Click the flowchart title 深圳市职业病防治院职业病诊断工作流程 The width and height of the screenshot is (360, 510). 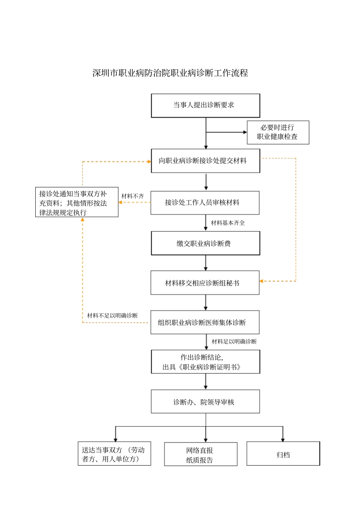coord(170,73)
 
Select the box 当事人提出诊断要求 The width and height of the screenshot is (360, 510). coord(205,105)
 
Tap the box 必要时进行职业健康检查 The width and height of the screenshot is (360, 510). coord(278,132)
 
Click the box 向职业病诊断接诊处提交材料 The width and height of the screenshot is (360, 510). coord(205,161)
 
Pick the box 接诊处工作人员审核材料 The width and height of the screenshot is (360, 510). coord(205,203)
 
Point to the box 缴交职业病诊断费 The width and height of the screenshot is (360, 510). coord(205,243)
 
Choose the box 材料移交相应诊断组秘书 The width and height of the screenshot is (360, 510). coord(205,283)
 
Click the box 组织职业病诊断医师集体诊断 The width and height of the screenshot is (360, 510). coord(205,323)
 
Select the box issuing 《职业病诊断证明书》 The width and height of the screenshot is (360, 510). coord(205,362)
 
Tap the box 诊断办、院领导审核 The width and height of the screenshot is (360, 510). coord(205,402)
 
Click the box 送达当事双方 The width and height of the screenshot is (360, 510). coord(114,454)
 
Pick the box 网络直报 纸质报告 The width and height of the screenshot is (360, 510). coord(200,455)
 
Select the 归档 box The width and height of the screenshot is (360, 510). coord(283,454)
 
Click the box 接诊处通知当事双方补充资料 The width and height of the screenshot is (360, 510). coord(77,202)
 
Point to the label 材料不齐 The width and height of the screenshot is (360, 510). coord(133,196)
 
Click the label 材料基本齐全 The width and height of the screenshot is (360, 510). coord(228,223)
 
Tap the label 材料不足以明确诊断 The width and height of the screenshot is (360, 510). coord(112,315)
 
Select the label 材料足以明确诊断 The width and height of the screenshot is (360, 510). coord(234,342)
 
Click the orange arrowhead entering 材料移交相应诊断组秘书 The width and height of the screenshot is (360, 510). coord(261,281)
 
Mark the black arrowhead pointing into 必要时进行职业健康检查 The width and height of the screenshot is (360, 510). coord(245,132)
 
